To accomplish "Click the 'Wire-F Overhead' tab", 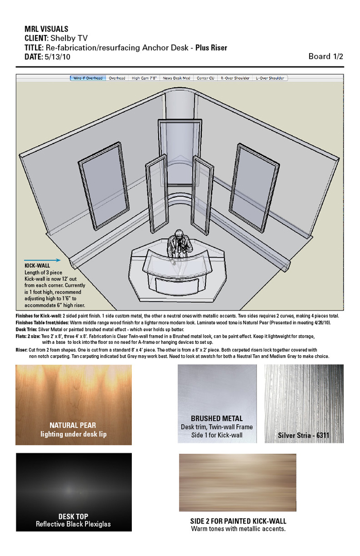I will (88, 78).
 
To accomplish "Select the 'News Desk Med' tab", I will (177, 78).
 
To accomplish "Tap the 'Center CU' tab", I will (205, 78).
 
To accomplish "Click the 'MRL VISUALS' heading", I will (46, 29).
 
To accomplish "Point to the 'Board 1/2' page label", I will (325, 57).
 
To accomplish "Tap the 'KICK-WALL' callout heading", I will (37, 266).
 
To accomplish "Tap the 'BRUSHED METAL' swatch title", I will (216, 419).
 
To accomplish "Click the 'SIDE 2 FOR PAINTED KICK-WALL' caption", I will (238, 521).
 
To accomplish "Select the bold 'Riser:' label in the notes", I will (22, 350).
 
